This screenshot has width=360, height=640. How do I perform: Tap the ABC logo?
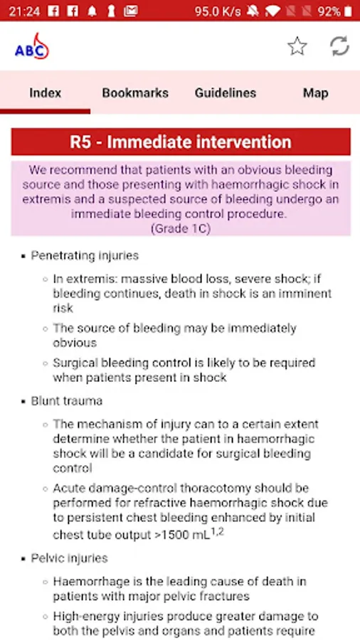pos(32,46)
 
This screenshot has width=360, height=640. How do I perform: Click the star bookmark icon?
pos(297,46)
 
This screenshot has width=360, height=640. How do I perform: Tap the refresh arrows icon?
pos(339,46)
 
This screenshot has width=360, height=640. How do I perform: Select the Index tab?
pos(46,93)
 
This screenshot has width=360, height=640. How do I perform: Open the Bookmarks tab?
pos(135,93)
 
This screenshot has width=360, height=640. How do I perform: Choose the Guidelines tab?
pos(226,93)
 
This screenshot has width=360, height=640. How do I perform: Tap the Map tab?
pos(315,93)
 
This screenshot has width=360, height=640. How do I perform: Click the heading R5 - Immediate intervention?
pos(181,142)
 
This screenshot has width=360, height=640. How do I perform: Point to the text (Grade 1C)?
pos(181,229)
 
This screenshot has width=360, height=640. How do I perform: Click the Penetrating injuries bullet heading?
pos(85,256)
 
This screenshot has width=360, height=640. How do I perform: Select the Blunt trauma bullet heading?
pos(67,401)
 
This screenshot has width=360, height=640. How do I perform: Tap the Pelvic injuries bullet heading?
pos(70,558)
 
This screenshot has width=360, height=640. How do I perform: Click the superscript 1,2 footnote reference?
pos(217,532)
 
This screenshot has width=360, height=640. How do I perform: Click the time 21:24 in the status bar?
pos(24,11)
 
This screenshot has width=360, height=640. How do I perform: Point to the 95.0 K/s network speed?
pos(218,11)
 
